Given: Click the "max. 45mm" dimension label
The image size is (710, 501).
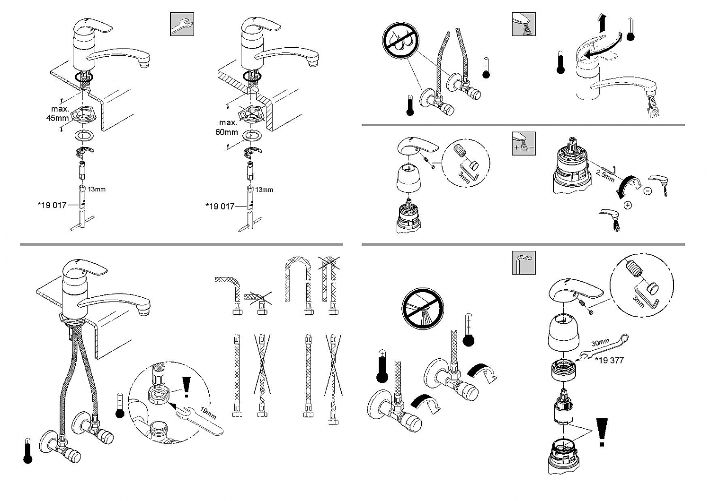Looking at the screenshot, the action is coord(58,113).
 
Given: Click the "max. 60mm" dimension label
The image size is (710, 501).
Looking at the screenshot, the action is coord(227,127).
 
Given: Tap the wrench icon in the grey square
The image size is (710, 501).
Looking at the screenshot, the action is coord(182,24).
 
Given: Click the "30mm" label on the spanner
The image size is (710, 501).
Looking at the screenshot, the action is coord(600,343).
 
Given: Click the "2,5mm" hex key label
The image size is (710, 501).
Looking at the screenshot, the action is coord(605,176).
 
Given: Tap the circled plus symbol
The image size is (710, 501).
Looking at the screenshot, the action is coord(628,205).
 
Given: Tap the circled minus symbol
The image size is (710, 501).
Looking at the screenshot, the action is coord(648,191).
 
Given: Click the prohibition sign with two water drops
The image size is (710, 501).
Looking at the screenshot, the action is coord(400,41).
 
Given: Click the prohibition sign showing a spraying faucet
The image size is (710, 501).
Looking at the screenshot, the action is coord(423,309).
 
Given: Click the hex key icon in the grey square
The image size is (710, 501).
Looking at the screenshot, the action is coord(524,263).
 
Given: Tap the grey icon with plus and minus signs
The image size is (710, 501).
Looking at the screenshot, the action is coord(524,144).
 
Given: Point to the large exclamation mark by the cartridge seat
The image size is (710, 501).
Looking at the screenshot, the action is coord(602,432).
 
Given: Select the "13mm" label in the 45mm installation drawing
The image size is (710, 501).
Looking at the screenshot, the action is coord(97,189).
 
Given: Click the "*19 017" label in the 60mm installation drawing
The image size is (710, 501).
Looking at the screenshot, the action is coord(220,207).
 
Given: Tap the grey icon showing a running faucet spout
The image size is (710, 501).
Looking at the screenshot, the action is coord(524,24).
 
